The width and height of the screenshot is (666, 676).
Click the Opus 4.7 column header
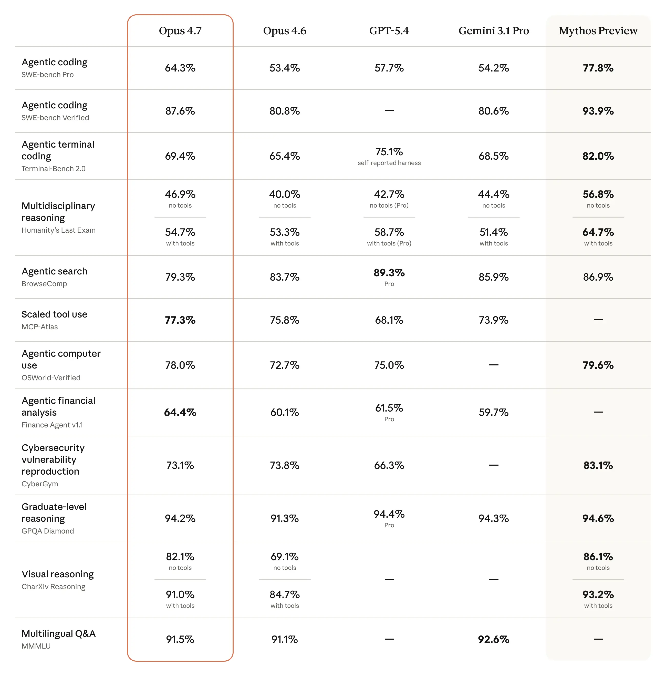point(180,31)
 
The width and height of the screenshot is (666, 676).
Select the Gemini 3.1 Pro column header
point(494,31)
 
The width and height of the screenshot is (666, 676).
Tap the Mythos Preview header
point(598,31)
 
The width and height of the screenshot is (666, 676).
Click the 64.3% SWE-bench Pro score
point(180,68)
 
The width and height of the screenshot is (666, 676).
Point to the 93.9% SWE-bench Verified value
point(598,111)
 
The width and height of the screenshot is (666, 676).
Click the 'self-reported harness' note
point(389,163)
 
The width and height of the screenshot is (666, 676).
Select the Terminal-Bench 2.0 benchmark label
point(54,169)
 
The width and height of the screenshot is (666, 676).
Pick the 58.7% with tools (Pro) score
point(389,232)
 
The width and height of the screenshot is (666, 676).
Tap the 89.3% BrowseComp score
point(389,273)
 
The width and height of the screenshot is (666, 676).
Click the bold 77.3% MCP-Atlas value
point(180,320)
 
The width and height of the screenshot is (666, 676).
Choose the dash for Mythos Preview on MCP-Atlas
point(598,320)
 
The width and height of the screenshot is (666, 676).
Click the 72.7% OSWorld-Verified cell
point(284,365)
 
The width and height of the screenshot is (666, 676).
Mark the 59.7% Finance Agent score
point(494,413)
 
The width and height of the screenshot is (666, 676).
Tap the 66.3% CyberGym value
point(389,466)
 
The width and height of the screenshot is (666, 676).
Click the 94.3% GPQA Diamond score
point(494,519)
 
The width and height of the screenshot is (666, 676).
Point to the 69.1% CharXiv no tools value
point(284,557)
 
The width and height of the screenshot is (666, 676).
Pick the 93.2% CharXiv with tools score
point(598,595)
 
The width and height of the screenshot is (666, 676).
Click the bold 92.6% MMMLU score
point(494,640)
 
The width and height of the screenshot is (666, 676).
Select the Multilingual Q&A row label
point(58,634)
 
